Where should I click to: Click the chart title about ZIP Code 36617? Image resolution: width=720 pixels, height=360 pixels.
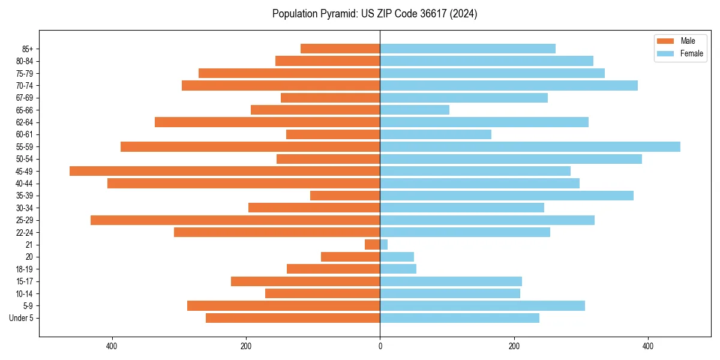tap(374, 14)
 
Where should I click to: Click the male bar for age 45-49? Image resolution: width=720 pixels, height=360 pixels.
tap(224, 171)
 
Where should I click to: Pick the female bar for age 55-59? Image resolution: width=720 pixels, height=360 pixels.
tap(530, 146)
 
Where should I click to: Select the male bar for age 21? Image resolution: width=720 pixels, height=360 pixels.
tap(373, 244)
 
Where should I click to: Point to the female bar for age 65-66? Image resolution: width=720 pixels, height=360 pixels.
tap(415, 110)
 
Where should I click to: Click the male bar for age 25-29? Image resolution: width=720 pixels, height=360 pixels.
tap(235, 220)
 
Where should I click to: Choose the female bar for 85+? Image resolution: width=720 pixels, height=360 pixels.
tap(467, 49)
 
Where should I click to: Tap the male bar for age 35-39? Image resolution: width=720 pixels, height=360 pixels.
tap(345, 196)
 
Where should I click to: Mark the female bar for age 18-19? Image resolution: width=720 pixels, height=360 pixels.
tap(398, 269)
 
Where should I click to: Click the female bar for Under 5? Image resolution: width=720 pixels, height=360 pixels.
tap(460, 318)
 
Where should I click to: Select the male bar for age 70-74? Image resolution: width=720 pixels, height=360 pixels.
tap(281, 85)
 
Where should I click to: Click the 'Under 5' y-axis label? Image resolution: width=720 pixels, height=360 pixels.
tap(21, 318)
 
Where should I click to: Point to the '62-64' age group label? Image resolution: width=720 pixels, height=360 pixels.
tap(25, 122)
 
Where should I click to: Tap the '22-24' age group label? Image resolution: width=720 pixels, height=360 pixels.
tap(25, 232)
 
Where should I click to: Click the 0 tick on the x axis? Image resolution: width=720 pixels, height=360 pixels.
tap(380, 346)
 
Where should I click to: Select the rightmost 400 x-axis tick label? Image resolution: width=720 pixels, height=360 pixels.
tap(648, 346)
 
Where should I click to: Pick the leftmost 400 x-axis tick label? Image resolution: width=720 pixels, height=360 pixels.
tap(112, 346)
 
